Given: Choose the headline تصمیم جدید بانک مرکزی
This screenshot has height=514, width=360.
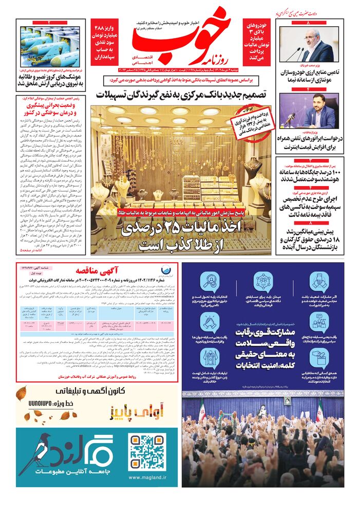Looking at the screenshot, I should (x=181, y=95).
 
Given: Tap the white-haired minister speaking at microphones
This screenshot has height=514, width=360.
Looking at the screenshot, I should (x=313, y=44).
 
